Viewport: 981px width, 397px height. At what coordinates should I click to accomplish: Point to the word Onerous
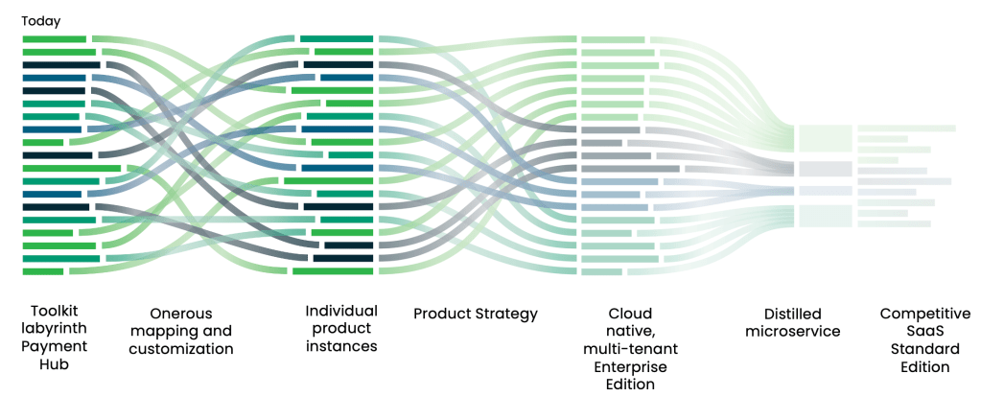coord(180,314)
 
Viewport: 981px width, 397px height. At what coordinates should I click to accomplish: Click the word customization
coord(180,349)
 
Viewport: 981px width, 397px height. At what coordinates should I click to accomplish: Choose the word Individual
coord(341,311)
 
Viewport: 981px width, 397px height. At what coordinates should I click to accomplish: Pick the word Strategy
coord(503,314)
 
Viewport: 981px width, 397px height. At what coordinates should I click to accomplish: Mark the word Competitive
coord(925,314)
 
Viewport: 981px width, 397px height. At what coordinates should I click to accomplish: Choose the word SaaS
coord(925,332)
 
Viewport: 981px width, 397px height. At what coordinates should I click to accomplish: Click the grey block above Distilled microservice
coord(826,169)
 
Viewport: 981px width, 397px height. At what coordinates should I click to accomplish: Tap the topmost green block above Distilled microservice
coord(826,138)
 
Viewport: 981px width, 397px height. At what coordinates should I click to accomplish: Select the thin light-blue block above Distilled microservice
coord(826,191)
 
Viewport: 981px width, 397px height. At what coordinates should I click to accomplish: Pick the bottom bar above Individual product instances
coord(333,271)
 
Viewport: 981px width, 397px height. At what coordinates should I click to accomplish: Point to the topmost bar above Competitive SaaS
coord(906,128)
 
